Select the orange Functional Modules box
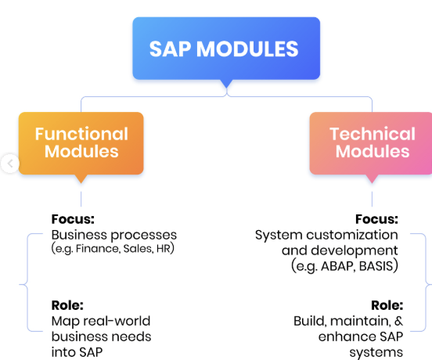tap(81, 143)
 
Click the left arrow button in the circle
tap(10, 164)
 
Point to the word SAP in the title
tap(170, 49)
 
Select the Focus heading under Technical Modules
tap(376, 219)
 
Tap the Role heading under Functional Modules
tap(67, 305)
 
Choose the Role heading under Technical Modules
tap(387, 305)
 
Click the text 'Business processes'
tap(114, 235)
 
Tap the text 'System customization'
tap(326, 235)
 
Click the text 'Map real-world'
tap(101, 321)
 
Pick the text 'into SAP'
tap(77, 352)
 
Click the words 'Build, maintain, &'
tap(348, 321)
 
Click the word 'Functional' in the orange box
tap(81, 134)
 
